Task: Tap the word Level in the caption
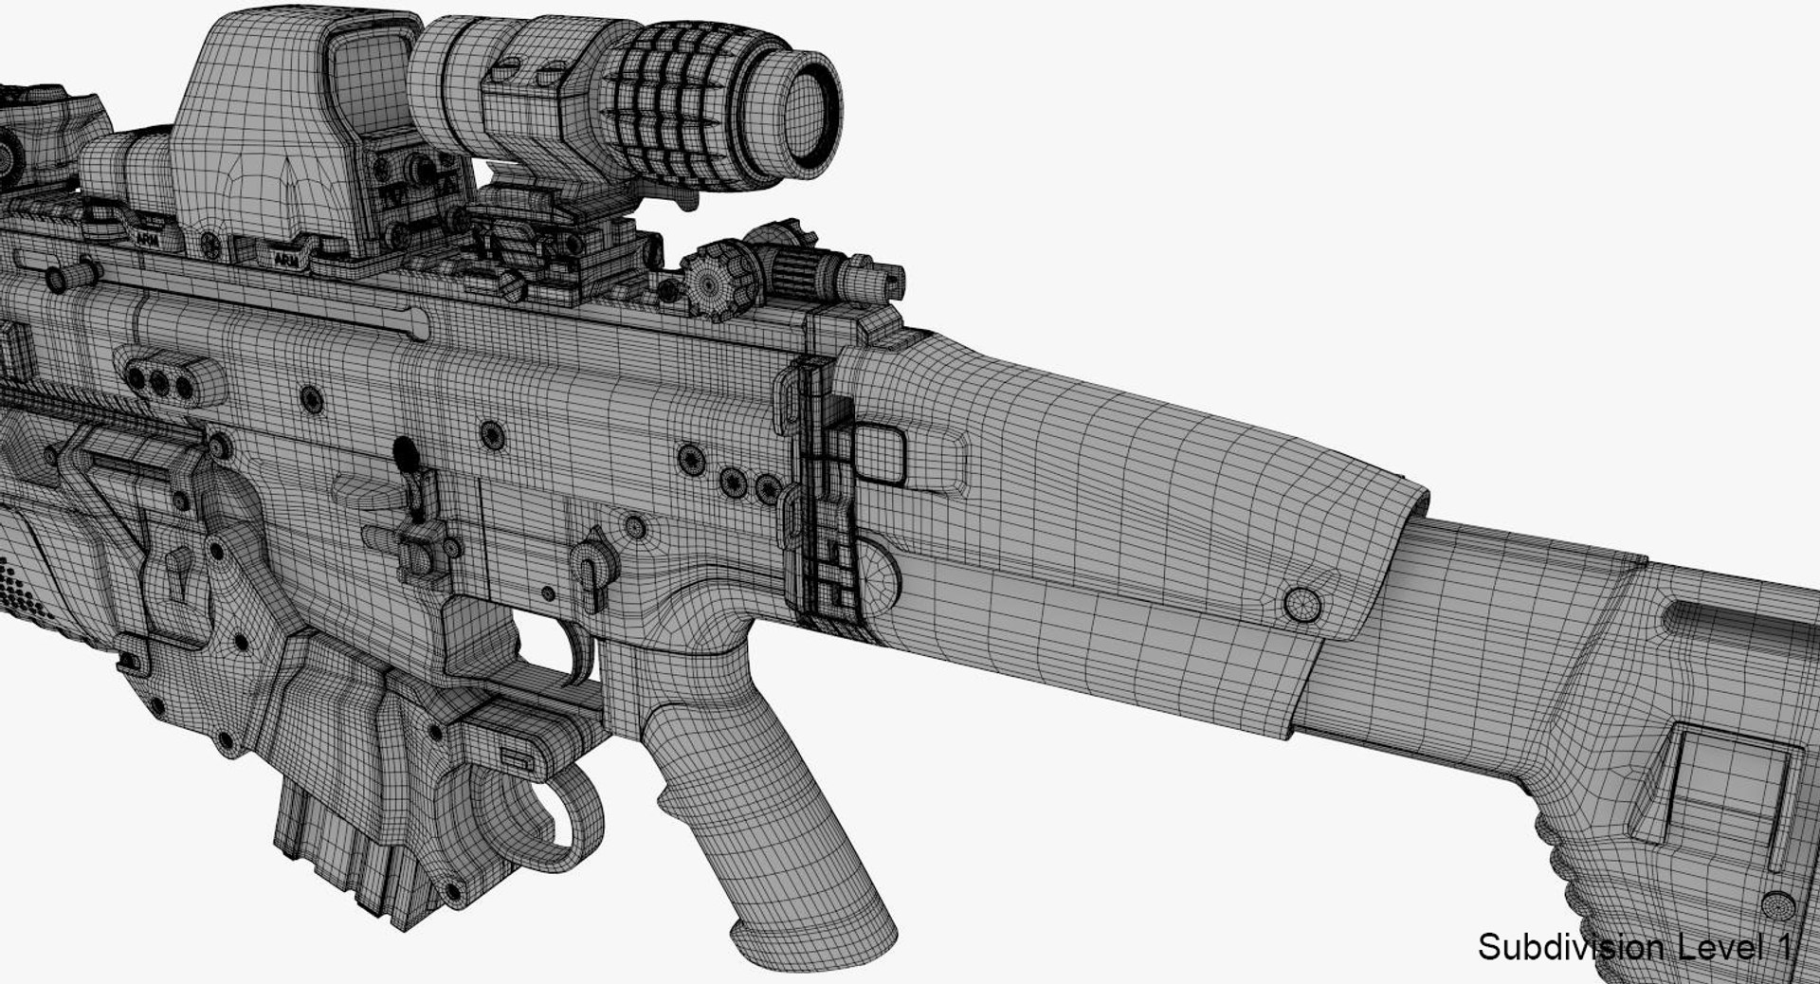[x=1712, y=947]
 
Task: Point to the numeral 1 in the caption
[x=1782, y=947]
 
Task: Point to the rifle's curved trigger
[x=580, y=654]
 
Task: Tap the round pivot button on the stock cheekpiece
[x=1302, y=604]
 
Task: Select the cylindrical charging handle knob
[x=71, y=276]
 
